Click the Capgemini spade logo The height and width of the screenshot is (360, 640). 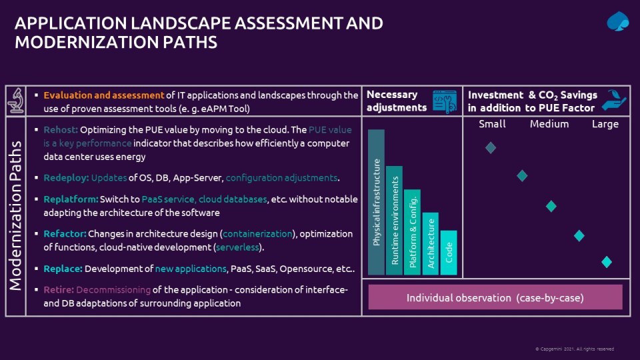(617, 21)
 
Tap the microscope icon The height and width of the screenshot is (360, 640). (16, 101)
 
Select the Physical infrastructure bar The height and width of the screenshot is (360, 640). (376, 202)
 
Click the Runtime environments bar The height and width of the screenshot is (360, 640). (394, 221)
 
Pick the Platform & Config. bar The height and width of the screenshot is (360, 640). (412, 232)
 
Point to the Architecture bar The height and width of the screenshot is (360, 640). (431, 243)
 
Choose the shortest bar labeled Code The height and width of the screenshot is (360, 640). (449, 253)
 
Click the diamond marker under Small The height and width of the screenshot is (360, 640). (491, 147)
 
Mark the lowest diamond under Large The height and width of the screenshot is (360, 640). (607, 261)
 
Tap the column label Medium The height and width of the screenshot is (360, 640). (549, 124)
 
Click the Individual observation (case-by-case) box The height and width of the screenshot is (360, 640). (495, 297)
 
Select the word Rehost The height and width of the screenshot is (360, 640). (61, 130)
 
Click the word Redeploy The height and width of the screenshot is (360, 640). (66, 178)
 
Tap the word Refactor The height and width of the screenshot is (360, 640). (65, 234)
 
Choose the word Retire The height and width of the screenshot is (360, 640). (59, 290)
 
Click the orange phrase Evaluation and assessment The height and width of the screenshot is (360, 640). (104, 95)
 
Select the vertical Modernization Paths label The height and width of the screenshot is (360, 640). (15, 215)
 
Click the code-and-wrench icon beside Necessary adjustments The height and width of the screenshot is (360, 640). (445, 101)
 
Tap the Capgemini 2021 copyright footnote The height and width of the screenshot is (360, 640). (574, 349)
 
